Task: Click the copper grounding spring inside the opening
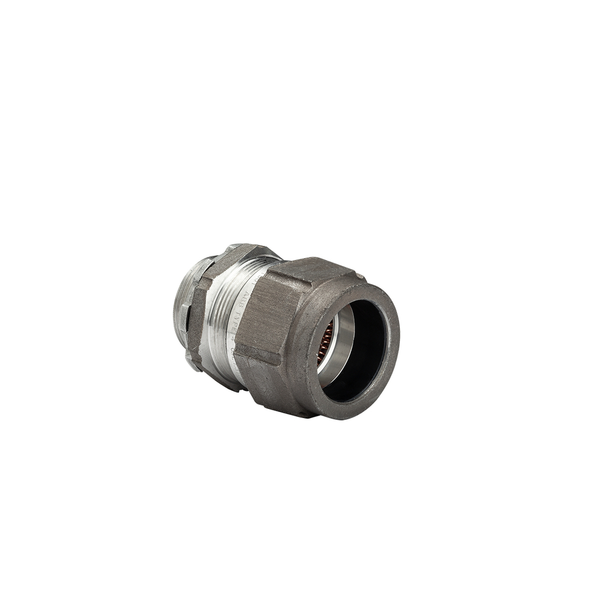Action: [326, 342]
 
